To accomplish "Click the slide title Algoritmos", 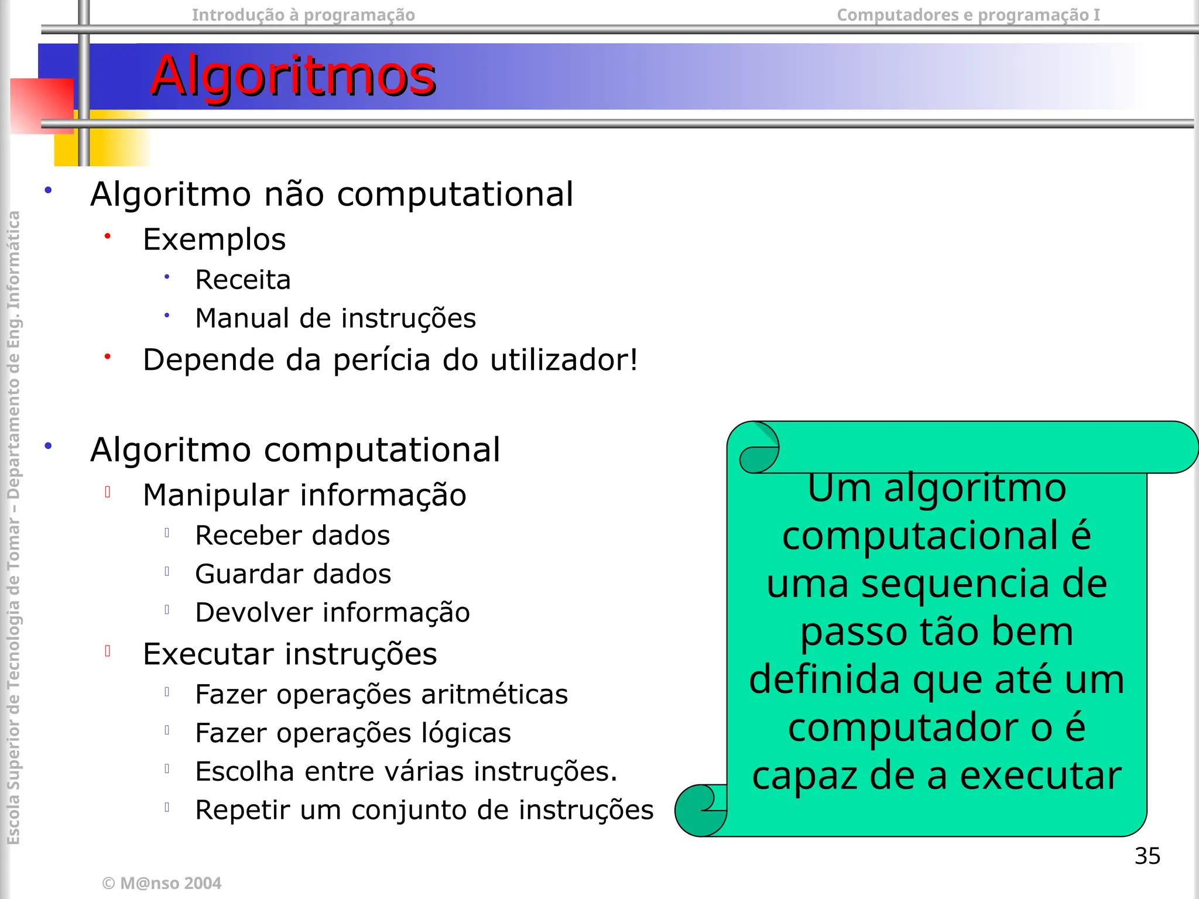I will coord(293,76).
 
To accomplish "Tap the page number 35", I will coord(1147,856).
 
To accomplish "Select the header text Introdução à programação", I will coord(303,15).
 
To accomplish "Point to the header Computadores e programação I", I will coord(968,15).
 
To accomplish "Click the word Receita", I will coord(243,280).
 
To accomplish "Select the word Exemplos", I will coord(214,239).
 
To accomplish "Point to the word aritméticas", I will coord(494,695).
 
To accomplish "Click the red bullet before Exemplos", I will coord(107,236).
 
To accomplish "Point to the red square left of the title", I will coord(41,105).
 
